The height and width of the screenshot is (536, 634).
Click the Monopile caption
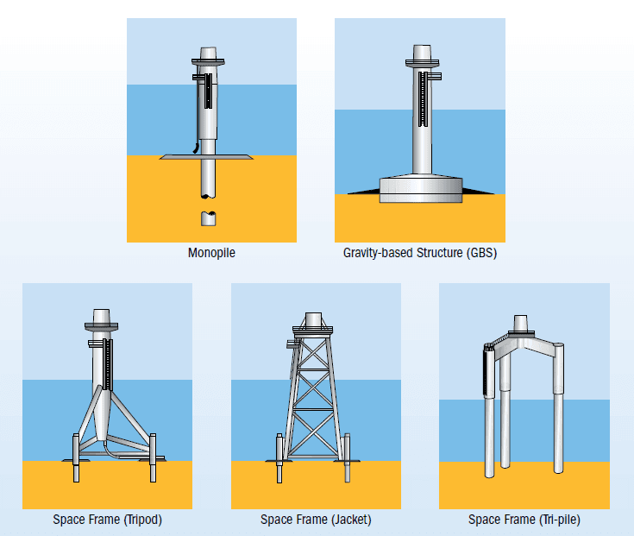pyautogui.click(x=211, y=253)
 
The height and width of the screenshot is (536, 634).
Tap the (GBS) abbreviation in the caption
pyautogui.click(x=481, y=253)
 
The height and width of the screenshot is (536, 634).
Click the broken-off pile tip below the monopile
pyautogui.click(x=208, y=218)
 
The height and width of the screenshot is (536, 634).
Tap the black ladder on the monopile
pyautogui.click(x=208, y=91)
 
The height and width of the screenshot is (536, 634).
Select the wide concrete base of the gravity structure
pyautogui.click(x=421, y=189)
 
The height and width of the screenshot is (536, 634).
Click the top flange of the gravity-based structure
pyautogui.click(x=422, y=63)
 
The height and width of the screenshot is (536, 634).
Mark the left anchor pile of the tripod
pyautogui.click(x=76, y=458)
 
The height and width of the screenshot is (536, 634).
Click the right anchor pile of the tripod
pyautogui.click(x=153, y=457)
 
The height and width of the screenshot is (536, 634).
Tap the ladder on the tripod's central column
pyautogui.click(x=108, y=364)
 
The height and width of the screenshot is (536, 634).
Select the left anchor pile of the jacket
pyautogui.click(x=279, y=458)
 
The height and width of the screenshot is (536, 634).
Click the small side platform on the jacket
pyautogui.click(x=292, y=344)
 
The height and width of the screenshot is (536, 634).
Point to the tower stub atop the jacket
pyautogui.click(x=313, y=319)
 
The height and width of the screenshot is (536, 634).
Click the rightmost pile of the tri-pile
pyautogui.click(x=558, y=407)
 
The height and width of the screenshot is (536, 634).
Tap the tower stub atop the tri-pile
pyautogui.click(x=520, y=323)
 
